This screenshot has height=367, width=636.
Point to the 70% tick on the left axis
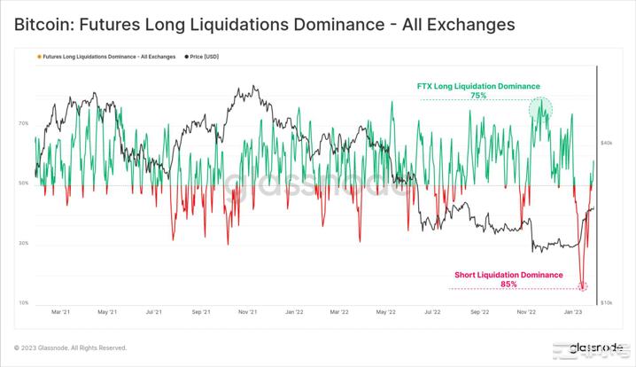[23, 124]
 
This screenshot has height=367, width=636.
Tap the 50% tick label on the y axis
[23, 183]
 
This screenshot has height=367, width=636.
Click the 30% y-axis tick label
[23, 243]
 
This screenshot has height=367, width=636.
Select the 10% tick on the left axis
[23, 302]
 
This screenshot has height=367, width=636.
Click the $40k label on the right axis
[608, 143]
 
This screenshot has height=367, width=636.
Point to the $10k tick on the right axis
[608, 302]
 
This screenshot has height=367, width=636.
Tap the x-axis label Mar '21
[61, 312]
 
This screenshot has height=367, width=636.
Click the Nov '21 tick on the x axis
[247, 312]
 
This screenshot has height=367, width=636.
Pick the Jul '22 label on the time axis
[433, 312]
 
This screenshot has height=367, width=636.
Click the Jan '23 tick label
[573, 312]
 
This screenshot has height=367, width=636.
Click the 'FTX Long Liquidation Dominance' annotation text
[478, 86]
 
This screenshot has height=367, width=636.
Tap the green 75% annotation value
[478, 95]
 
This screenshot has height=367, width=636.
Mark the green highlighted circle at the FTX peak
[540, 110]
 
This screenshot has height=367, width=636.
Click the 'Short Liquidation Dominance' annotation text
[508, 275]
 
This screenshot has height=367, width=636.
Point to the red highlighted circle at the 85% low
[583, 285]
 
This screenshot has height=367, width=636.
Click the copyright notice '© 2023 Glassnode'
[71, 347]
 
